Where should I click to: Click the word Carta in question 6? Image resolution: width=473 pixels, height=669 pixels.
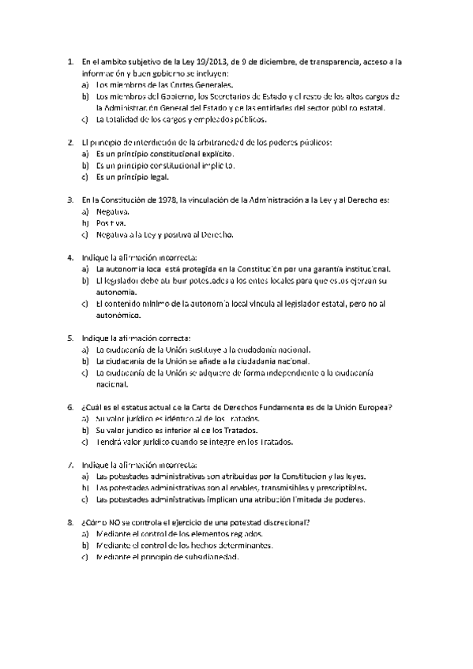click(x=213, y=408)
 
